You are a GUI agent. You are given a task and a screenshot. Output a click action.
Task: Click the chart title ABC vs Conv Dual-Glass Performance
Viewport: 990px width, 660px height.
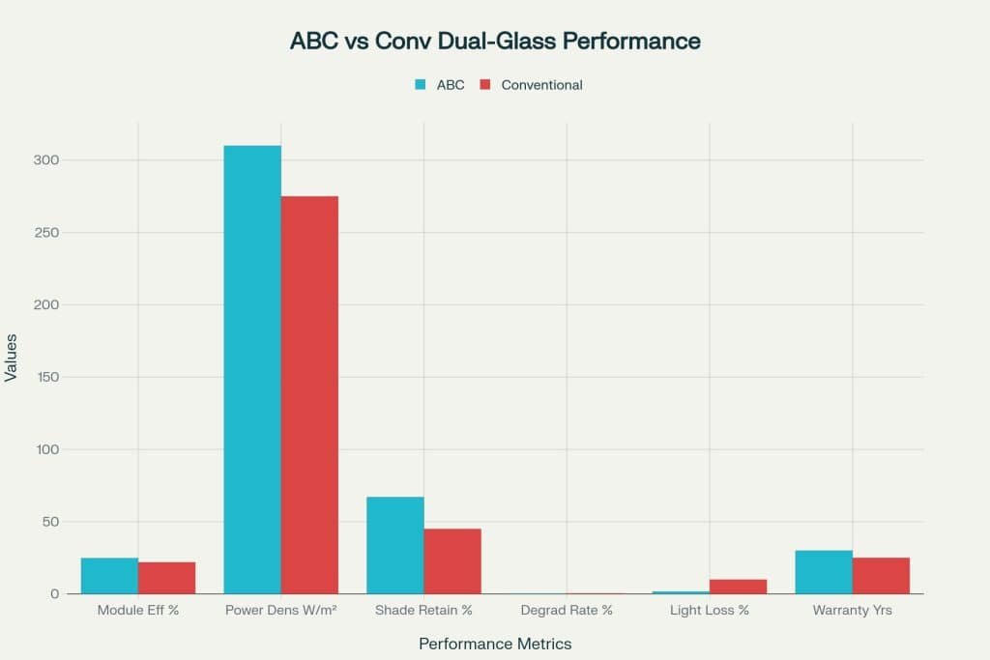(495, 42)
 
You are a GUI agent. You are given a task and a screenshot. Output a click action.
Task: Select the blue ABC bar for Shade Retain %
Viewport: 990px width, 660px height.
(394, 545)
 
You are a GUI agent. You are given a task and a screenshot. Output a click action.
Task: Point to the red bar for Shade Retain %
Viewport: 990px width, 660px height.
(452, 561)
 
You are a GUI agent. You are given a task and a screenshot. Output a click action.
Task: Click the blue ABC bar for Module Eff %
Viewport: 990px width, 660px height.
(109, 576)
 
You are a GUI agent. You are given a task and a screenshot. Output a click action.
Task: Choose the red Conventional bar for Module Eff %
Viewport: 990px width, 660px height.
(166, 578)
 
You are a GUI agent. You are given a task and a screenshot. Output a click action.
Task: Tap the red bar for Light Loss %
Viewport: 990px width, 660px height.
(738, 587)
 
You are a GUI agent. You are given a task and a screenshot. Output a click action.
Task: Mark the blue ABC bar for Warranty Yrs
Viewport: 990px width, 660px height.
(824, 572)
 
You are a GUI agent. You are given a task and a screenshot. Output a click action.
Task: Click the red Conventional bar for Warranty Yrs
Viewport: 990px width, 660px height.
(881, 576)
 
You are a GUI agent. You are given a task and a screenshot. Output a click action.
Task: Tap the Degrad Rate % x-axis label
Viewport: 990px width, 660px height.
(567, 611)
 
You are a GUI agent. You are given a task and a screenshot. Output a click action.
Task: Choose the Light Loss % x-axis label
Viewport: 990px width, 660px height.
(710, 611)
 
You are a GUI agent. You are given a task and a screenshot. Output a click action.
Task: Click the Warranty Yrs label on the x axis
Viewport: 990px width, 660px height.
(852, 611)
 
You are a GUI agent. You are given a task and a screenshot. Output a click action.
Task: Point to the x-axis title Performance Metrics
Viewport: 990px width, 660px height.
(495, 644)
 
